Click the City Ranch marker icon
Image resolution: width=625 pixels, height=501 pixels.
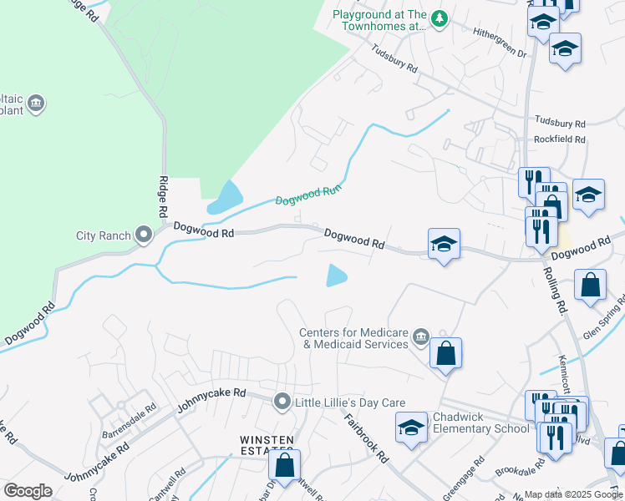pos(144,235)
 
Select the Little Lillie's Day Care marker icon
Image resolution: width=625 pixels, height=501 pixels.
pos(282,402)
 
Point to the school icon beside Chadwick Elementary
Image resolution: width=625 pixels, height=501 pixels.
pos(411,428)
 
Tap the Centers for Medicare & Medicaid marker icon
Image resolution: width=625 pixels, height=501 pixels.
pos(420,337)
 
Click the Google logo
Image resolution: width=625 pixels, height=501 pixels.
pos(28,491)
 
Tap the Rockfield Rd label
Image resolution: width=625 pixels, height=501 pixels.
pos(560,139)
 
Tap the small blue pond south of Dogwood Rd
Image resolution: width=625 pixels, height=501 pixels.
pos(336,275)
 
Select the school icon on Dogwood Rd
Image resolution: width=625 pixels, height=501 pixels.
pos(444,244)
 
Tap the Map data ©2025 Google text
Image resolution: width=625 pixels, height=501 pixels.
pos(574,494)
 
